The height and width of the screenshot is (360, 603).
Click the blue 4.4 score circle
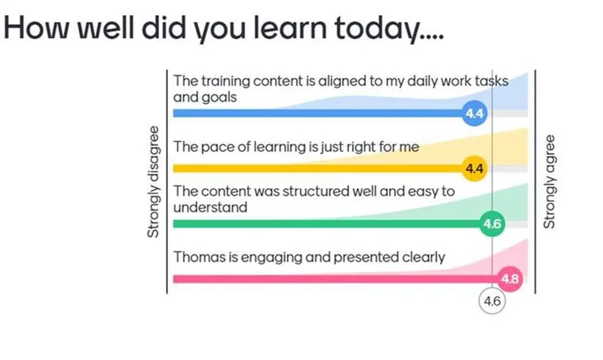point(474,113)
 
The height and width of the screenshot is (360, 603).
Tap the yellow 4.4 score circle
point(474,168)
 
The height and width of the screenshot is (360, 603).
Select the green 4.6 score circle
point(492,224)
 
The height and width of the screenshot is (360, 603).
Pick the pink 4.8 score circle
point(510,279)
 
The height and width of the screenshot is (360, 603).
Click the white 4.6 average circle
point(492,301)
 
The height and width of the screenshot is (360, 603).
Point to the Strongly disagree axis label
point(153,182)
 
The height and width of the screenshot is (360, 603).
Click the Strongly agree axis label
point(549,182)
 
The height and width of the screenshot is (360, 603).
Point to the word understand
point(210,207)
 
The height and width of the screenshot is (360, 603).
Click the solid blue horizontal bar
point(318,113)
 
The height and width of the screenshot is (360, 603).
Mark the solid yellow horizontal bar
point(318,168)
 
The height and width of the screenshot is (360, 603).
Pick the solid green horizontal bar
point(327,224)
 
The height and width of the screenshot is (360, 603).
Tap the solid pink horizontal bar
point(336,279)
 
